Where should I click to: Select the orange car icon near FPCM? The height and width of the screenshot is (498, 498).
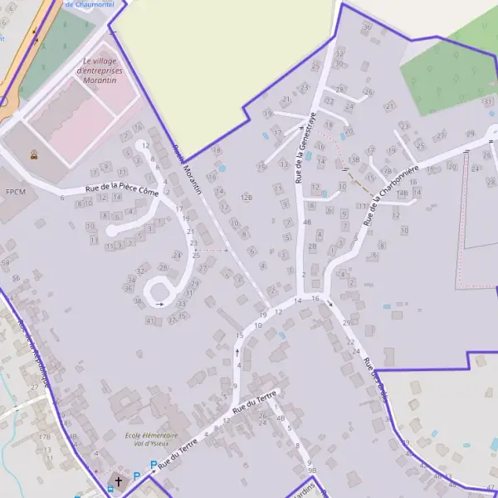pyautogui.click(x=33, y=154)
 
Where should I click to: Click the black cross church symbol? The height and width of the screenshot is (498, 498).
pyautogui.click(x=118, y=481)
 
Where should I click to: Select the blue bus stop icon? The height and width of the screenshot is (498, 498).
pyautogui.click(x=110, y=490)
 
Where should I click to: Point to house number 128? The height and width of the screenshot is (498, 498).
pyautogui.click(x=246, y=197)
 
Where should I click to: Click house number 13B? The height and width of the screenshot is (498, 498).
pyautogui.click(x=354, y=159)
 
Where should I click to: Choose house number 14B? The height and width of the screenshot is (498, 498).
pyautogui.click(x=403, y=193)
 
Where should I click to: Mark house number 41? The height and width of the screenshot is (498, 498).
pyautogui.click(x=149, y=320)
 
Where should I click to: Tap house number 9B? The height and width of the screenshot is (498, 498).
pyautogui.click(x=312, y=470)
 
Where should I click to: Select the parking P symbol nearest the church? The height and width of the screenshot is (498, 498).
pyautogui.click(x=137, y=476)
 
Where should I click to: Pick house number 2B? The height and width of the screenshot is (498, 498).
pyautogui.click(x=312, y=247)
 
